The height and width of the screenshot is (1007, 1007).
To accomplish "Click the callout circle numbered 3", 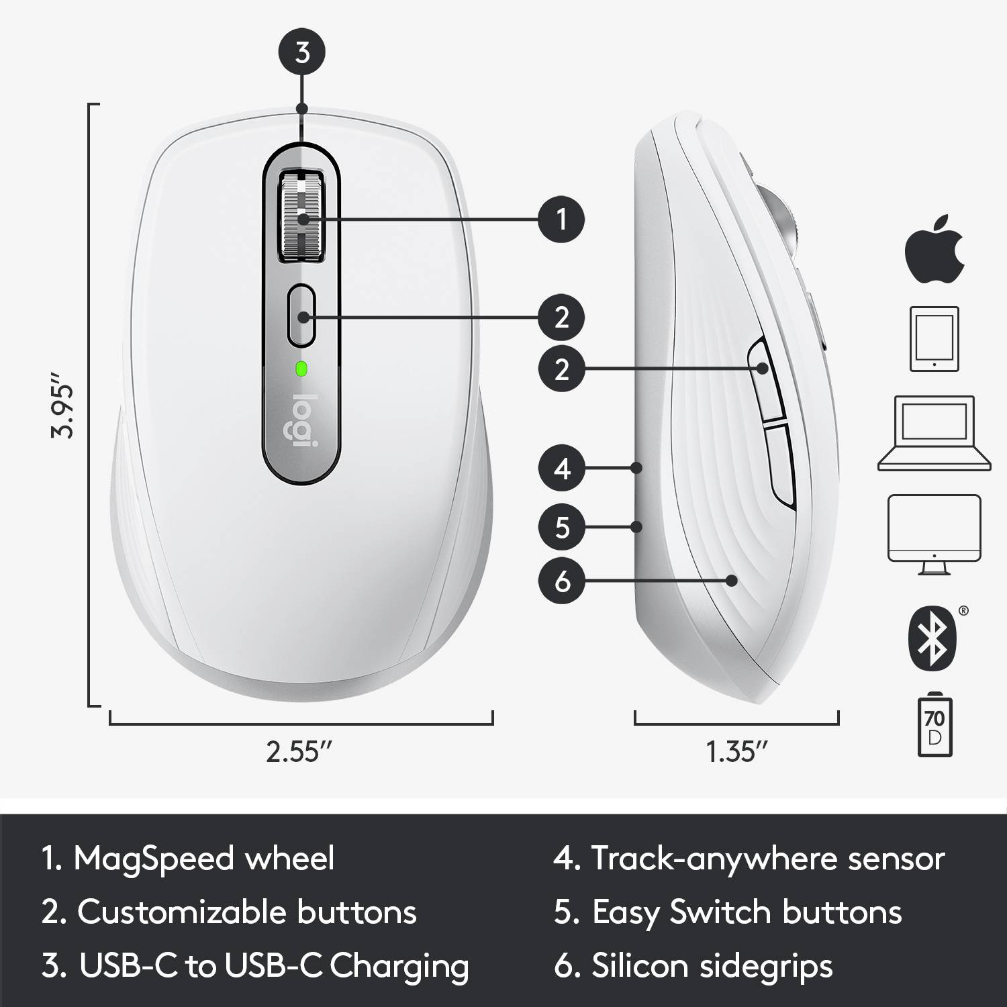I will coord(302,52).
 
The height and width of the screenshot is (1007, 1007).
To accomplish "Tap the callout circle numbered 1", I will coord(562,219).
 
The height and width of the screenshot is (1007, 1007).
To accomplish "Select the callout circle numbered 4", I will coord(562,468).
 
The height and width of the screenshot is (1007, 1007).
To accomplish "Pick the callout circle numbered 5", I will coord(562,527).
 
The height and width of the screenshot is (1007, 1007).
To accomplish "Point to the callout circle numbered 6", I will coord(562,581).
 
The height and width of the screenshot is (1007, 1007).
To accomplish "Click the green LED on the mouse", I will coord(301,368).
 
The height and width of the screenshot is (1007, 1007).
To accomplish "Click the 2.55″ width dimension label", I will coord(299,752).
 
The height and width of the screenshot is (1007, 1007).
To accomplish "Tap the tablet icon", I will coord(934,338).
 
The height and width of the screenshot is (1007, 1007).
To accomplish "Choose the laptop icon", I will coord(934,433).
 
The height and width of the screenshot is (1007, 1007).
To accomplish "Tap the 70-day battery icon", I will coord(934,727).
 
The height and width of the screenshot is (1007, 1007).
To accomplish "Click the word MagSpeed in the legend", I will coord(154,859).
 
